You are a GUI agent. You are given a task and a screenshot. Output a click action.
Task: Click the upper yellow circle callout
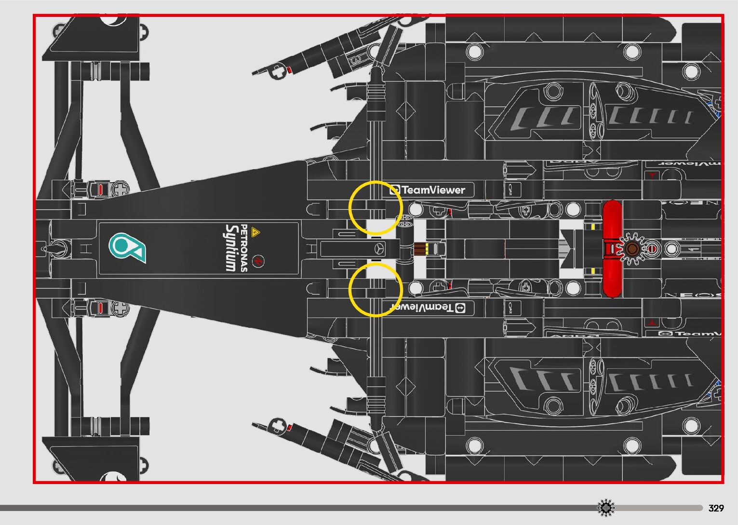375,208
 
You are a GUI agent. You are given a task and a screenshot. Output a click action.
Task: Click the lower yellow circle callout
375,290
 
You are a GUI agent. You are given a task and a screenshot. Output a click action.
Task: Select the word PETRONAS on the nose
244,248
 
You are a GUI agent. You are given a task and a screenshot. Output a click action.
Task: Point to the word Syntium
231,248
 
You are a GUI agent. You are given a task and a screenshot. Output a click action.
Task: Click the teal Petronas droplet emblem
127,248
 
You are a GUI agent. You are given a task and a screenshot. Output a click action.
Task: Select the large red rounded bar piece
612,249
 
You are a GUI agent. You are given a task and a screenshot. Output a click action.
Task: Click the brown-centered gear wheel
632,249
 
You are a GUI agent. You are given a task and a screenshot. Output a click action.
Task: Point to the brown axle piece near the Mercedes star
420,249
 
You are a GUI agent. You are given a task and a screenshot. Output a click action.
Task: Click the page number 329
716,508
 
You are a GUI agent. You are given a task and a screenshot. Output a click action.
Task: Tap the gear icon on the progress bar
606,508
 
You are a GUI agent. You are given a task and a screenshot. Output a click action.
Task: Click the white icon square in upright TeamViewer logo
395,190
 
